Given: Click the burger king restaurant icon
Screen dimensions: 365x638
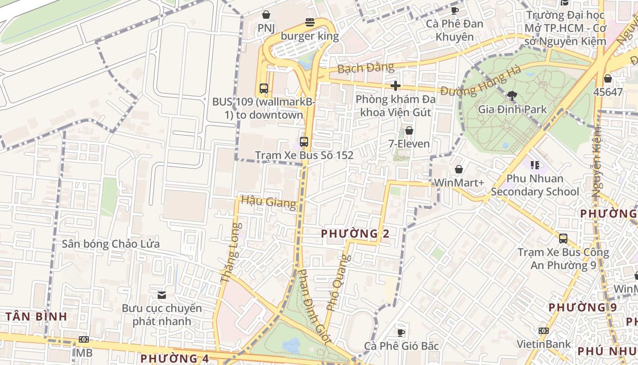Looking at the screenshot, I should click(310, 22).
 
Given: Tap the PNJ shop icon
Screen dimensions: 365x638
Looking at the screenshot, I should click(266, 15).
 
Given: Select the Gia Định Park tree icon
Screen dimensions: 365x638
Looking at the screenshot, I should click(512, 95).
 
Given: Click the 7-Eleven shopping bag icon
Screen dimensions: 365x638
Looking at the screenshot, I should click(409, 130).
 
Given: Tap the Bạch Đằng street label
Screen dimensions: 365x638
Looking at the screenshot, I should click(365, 68).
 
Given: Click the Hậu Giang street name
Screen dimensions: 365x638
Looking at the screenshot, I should click(268, 201).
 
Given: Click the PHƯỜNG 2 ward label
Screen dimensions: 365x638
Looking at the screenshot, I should click(355, 234).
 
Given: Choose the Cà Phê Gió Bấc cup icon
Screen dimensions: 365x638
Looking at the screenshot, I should click(401, 332).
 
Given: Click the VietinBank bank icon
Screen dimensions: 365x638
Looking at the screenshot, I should click(544, 330).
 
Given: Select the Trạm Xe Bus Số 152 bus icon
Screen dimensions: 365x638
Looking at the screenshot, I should click(304, 141).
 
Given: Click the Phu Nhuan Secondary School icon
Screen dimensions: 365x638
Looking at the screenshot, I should click(535, 165).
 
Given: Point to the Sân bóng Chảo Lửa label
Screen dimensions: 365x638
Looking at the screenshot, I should click(111, 244).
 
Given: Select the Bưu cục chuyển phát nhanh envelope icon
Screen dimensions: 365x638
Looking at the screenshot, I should click(161, 295).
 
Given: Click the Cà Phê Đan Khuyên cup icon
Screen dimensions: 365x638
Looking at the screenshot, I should click(454, 10).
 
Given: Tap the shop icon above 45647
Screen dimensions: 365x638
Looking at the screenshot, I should click(607, 78).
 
